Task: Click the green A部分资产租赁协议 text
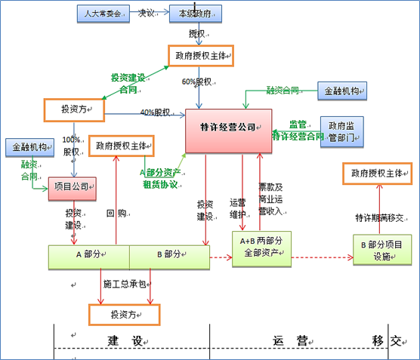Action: coord(159,177)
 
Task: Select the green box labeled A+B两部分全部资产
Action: coord(261,248)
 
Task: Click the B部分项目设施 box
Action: coord(382,249)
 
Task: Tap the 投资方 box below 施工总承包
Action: coord(125,313)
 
